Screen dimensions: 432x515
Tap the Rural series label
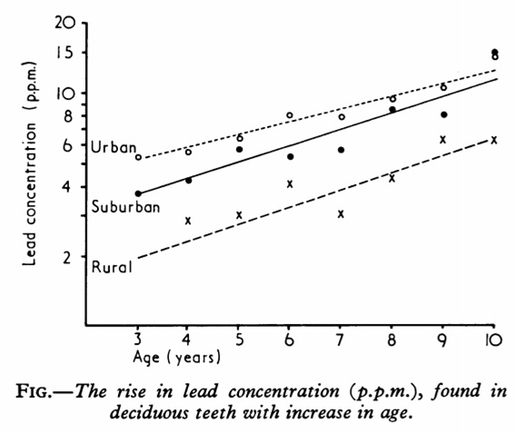click(x=112, y=266)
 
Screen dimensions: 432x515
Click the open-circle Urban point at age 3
click(x=138, y=157)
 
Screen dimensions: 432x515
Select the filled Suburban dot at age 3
click(x=138, y=193)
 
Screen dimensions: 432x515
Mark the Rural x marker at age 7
click(x=341, y=214)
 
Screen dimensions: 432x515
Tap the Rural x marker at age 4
click(x=188, y=221)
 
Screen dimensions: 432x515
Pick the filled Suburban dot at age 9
click(x=443, y=114)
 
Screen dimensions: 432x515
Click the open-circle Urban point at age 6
click(x=290, y=115)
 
